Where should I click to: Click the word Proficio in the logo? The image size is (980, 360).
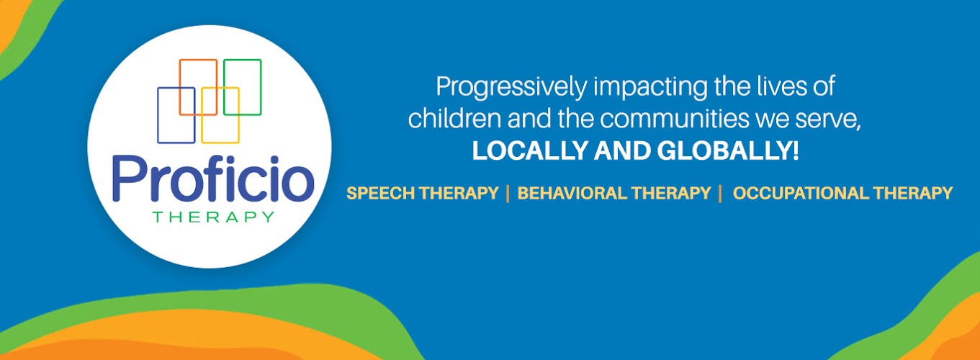(x=213, y=179)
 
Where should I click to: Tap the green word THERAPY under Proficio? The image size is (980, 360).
(x=213, y=217)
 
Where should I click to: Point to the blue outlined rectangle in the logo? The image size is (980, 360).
(x=158, y=115)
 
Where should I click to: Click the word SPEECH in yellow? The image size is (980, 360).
(x=380, y=193)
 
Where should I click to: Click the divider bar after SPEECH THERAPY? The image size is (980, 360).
(x=508, y=194)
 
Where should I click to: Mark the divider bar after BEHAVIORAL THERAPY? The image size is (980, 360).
(x=719, y=194)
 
